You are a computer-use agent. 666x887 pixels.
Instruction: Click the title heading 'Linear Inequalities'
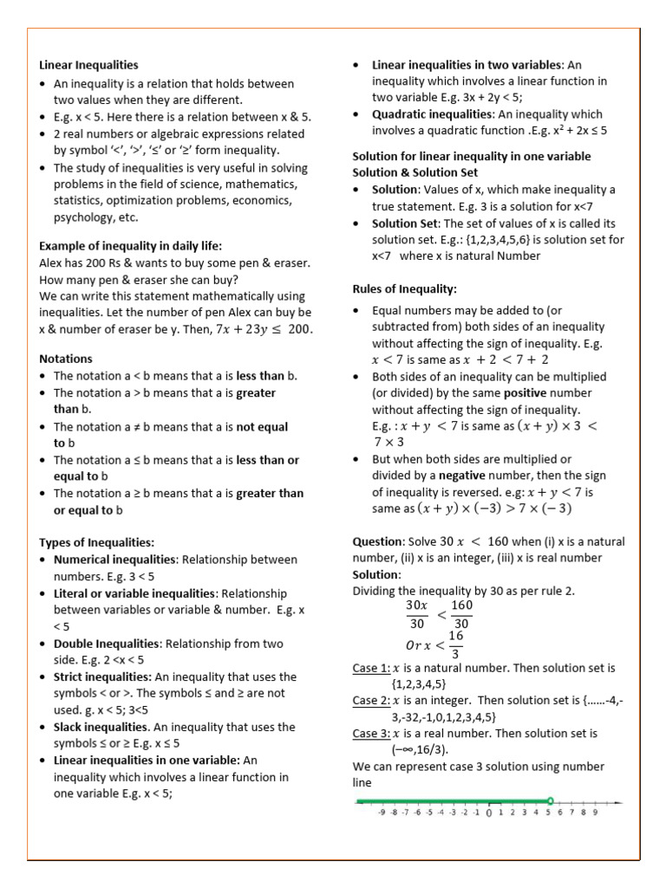click(x=88, y=64)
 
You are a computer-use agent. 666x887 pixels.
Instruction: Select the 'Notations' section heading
click(x=66, y=359)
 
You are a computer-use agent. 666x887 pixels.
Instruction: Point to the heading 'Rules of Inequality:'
click(x=404, y=288)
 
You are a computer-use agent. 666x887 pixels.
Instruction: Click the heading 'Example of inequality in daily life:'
click(x=131, y=245)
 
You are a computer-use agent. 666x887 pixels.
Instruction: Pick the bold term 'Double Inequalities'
click(x=107, y=644)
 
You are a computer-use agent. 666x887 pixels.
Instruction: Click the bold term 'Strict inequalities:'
click(x=102, y=677)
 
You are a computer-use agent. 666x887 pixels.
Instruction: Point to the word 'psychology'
click(x=83, y=217)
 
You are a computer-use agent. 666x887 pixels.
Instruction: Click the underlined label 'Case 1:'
click(x=370, y=668)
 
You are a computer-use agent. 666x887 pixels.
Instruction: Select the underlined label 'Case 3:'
click(x=370, y=734)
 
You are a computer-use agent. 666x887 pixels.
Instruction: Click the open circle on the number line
click(x=550, y=800)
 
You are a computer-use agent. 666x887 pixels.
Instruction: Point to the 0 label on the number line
click(x=489, y=813)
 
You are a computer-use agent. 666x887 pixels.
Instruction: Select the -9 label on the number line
click(x=382, y=813)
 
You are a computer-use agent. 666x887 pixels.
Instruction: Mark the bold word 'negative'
click(x=463, y=476)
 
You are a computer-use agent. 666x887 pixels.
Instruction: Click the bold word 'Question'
click(x=377, y=541)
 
